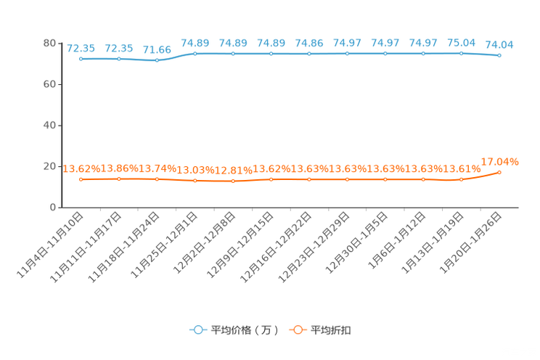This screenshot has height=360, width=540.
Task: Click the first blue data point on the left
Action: coord(81,59)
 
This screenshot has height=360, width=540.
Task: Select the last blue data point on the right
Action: coord(499,55)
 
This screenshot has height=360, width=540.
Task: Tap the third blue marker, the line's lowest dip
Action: coord(157,60)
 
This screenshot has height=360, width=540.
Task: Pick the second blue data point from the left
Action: coord(119,59)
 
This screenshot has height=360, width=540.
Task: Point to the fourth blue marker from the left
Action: coord(195,54)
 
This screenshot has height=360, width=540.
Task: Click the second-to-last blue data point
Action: coord(461,53)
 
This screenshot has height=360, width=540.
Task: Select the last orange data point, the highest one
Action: coord(499,172)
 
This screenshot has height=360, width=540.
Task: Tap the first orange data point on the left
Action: coord(81,179)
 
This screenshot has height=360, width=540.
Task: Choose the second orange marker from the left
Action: coord(119,179)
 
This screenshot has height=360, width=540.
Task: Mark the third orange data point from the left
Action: coord(157,179)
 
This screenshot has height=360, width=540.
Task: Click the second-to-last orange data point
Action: coord(461,179)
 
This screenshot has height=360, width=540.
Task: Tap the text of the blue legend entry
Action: coord(244,330)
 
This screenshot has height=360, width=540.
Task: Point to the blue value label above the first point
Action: coord(81,48)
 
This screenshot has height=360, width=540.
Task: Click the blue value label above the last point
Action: coord(500,44)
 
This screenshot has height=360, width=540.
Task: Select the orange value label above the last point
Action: coord(500,161)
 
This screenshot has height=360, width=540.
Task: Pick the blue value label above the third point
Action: coord(157,49)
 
